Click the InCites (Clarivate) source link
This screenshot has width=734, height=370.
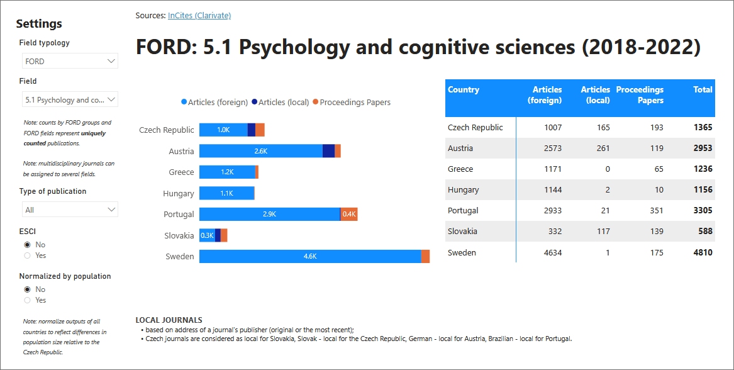point(199,15)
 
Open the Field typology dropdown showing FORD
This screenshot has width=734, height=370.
point(69,61)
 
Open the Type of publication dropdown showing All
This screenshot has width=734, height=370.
point(69,210)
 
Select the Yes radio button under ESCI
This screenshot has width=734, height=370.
point(27,255)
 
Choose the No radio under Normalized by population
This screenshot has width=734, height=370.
point(27,289)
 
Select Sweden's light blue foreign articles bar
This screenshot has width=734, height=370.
point(309,256)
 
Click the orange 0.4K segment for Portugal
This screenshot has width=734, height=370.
point(349,214)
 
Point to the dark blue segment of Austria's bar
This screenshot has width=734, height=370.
point(328,151)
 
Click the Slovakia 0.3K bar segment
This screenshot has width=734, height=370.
point(207,235)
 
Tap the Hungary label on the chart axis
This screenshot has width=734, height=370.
point(179,194)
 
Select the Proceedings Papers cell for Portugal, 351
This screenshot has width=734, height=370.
point(656,210)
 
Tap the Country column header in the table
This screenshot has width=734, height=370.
point(464,90)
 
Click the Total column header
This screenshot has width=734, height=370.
point(702,90)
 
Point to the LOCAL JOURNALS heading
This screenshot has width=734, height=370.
point(169,320)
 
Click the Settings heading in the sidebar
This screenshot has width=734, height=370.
point(39,24)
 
